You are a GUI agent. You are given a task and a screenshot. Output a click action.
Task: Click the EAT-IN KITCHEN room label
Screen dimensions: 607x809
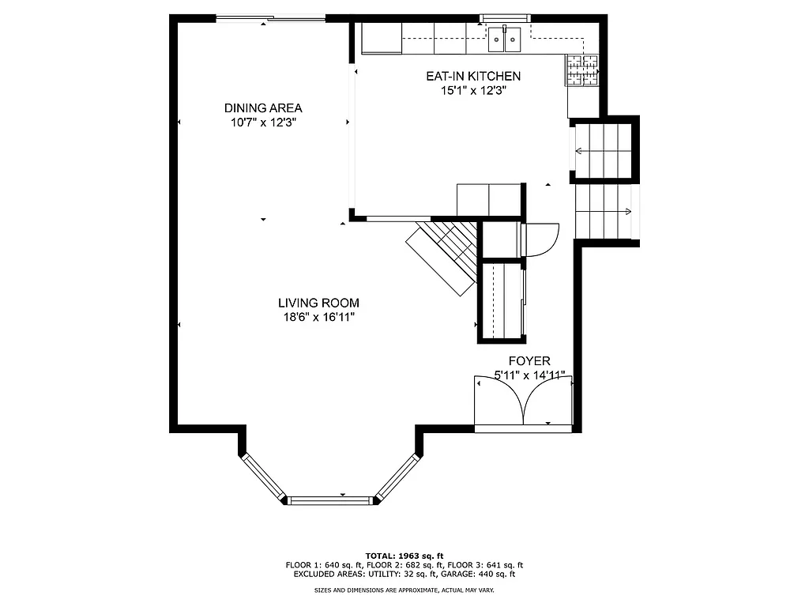473,76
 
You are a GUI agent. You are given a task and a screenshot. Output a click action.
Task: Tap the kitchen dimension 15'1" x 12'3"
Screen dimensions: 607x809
473,90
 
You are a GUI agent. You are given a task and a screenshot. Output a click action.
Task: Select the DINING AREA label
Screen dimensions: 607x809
263,108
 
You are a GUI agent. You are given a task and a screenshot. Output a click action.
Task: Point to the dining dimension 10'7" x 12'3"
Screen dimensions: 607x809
263,123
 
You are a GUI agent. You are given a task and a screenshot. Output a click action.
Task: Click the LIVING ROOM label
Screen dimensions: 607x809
318,303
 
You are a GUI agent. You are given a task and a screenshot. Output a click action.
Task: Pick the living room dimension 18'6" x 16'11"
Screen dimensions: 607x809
318,317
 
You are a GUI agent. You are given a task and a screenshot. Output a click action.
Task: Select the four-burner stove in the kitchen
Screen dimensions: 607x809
582,71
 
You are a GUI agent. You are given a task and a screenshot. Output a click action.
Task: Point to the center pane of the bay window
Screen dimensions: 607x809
330,500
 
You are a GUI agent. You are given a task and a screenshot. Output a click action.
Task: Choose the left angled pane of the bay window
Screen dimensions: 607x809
263,477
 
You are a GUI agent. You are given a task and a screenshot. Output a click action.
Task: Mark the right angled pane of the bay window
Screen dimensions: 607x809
397,477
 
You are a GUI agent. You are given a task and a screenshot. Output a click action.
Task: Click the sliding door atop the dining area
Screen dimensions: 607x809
271,19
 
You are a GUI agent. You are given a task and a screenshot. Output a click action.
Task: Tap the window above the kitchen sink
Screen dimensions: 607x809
506,18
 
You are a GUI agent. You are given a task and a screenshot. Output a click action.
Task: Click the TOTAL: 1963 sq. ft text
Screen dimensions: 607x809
404,556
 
